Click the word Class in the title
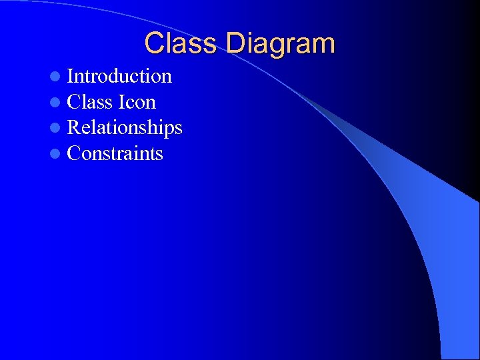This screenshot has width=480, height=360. tap(181, 43)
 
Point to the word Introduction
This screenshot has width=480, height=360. tap(119, 76)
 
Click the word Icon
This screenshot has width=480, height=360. tap(137, 102)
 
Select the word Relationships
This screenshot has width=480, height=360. tap(125, 127)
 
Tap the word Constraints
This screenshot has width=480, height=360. tap(115, 153)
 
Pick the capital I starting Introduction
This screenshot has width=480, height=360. tap(71, 76)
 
